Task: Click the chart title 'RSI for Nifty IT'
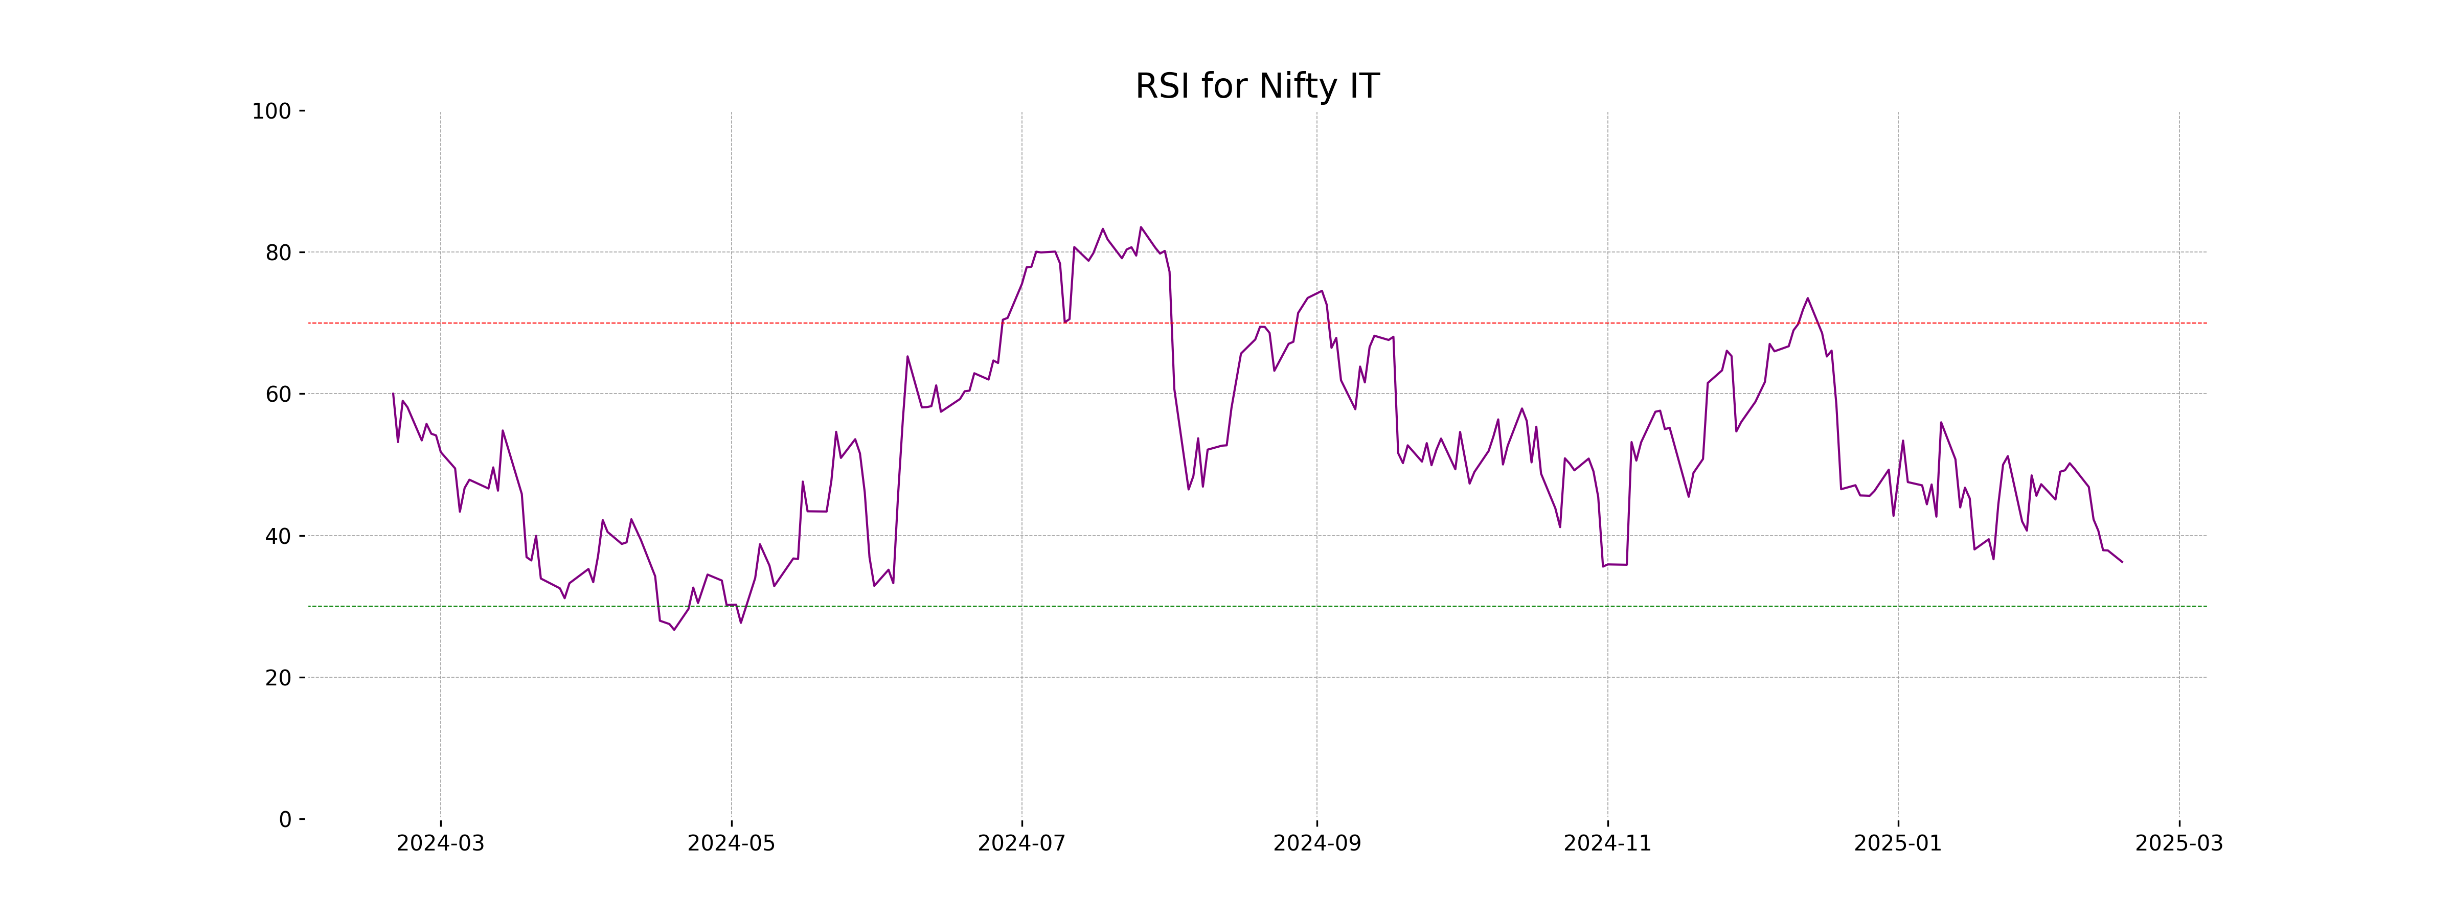click(1257, 87)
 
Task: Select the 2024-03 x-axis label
click(440, 844)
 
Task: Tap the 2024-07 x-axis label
click(1021, 844)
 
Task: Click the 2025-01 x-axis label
click(1898, 844)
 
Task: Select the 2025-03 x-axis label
click(2178, 844)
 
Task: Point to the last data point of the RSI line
click(2122, 562)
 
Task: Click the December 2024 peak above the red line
click(1807, 298)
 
